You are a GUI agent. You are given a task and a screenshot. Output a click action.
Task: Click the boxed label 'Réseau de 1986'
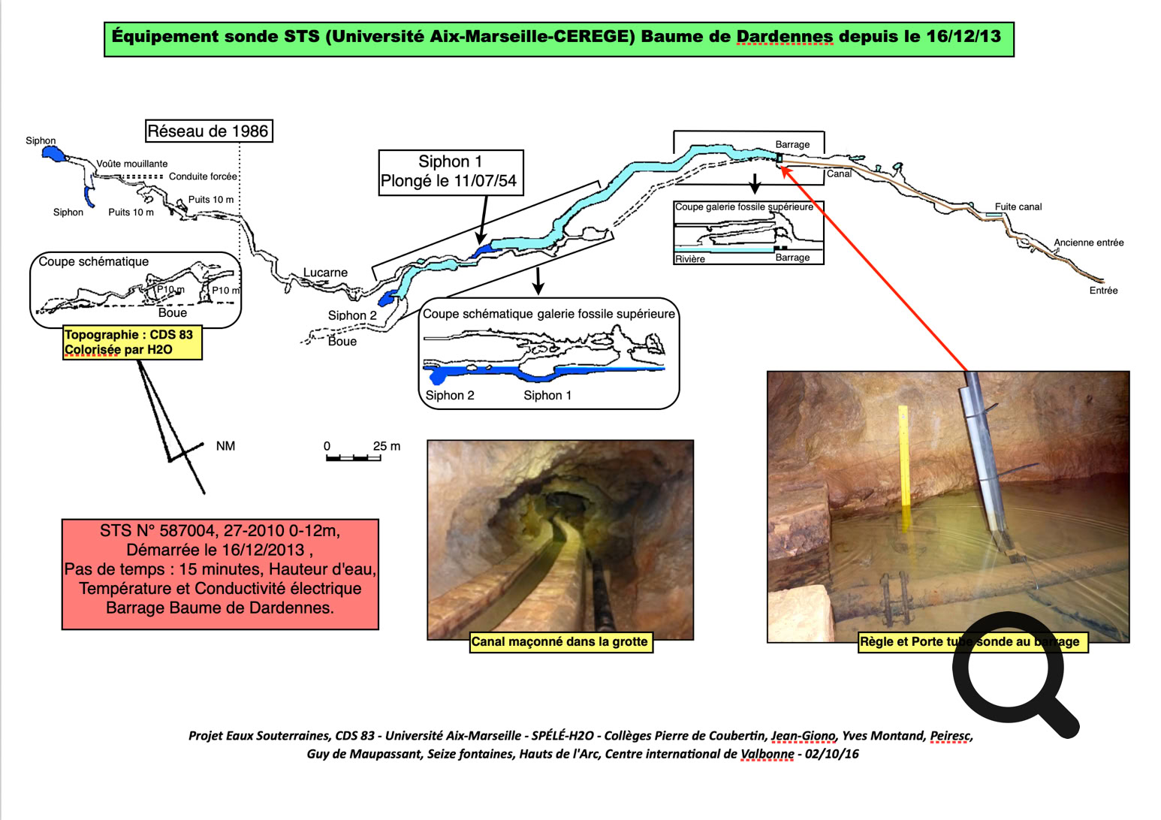click(208, 131)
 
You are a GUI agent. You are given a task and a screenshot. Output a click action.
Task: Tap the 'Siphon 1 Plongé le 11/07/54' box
click(450, 172)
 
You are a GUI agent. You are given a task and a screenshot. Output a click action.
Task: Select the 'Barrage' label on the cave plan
click(792, 144)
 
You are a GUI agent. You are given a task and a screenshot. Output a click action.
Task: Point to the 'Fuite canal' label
click(1018, 207)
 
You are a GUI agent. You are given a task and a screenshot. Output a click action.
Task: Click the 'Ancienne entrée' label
click(1088, 243)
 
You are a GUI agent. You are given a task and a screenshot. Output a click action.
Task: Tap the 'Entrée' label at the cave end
click(1103, 291)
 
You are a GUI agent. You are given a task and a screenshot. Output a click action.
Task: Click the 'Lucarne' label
click(325, 273)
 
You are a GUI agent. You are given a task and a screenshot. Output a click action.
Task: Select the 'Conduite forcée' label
click(203, 176)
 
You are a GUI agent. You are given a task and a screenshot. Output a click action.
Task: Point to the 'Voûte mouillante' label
click(132, 164)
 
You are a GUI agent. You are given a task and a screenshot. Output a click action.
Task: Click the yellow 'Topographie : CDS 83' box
click(132, 342)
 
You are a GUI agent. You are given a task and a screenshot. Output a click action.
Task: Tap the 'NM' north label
click(225, 446)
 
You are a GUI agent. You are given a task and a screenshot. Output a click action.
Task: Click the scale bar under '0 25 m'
click(353, 457)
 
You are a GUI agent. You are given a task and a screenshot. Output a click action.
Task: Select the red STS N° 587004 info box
click(220, 574)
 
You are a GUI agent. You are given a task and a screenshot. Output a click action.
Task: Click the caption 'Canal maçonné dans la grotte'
click(559, 642)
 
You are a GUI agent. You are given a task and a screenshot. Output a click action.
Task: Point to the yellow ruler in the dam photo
click(904, 466)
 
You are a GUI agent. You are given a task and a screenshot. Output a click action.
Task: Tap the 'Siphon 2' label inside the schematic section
click(450, 396)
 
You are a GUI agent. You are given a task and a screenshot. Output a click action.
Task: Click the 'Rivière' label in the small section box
click(689, 259)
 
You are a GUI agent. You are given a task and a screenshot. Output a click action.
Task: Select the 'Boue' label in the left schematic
click(173, 313)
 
